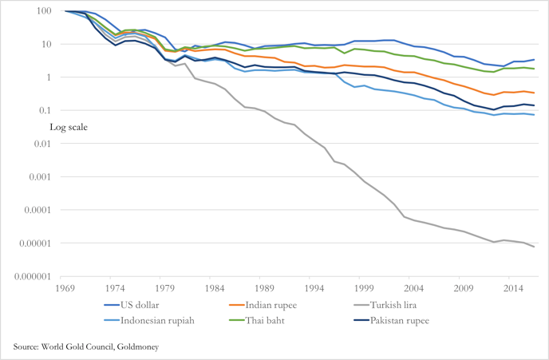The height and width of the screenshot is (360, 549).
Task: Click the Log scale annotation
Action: [69, 126]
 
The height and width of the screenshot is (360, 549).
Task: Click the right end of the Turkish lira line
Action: [534, 247]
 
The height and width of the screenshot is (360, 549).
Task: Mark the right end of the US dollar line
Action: [534, 60]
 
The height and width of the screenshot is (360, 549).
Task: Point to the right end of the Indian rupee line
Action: [534, 93]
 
